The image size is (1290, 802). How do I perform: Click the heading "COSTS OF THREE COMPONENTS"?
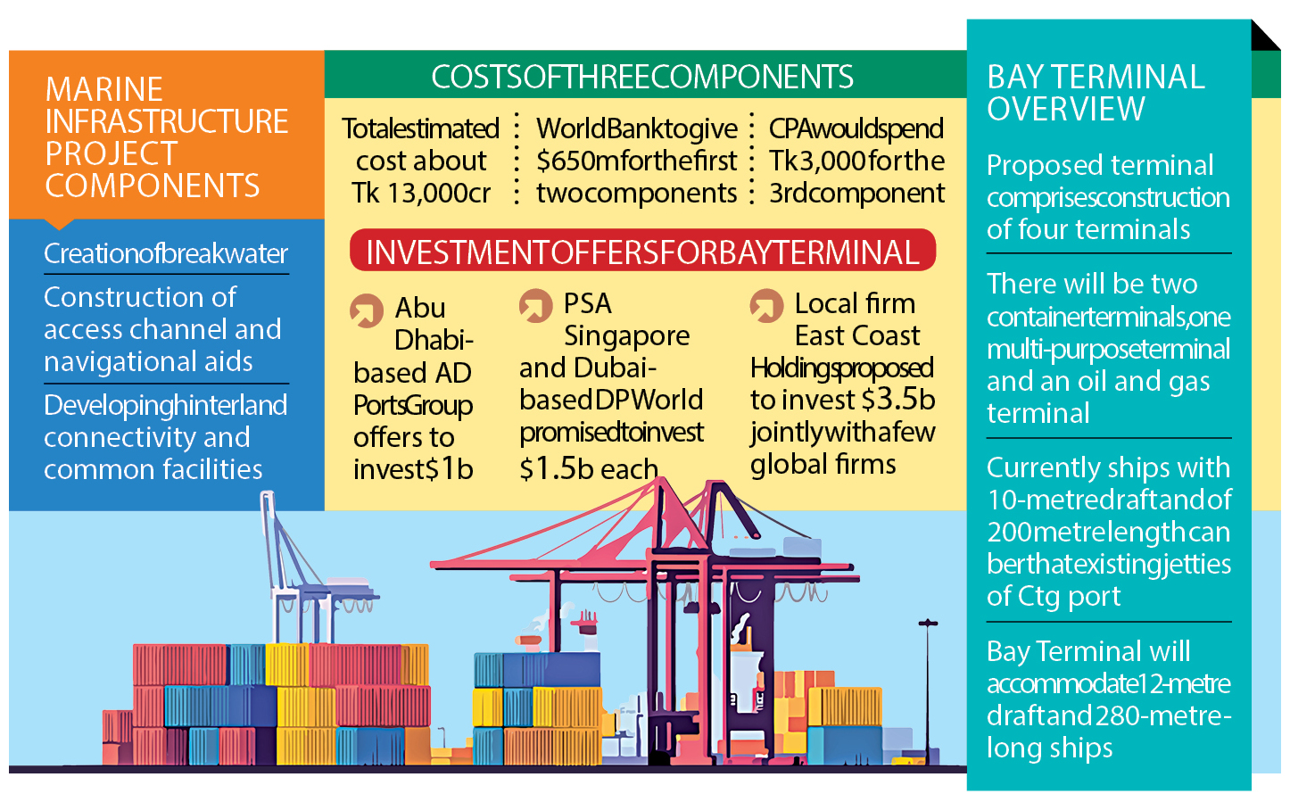[642, 77]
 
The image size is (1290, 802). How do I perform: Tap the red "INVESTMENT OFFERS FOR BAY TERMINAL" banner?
[642, 252]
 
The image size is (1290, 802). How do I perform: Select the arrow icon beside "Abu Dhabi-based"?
[366, 310]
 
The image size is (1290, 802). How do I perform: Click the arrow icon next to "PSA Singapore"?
[535, 305]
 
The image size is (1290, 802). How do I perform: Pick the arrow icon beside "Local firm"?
[766, 305]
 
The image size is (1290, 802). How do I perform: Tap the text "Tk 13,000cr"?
[421, 193]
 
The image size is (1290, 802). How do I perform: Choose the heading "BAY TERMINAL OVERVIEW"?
[1096, 93]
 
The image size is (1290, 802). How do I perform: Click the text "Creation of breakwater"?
[166, 253]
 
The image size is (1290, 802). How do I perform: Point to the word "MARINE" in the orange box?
[104, 89]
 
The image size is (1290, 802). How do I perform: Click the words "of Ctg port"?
[1053, 596]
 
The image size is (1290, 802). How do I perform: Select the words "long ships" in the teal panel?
[1049, 748]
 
